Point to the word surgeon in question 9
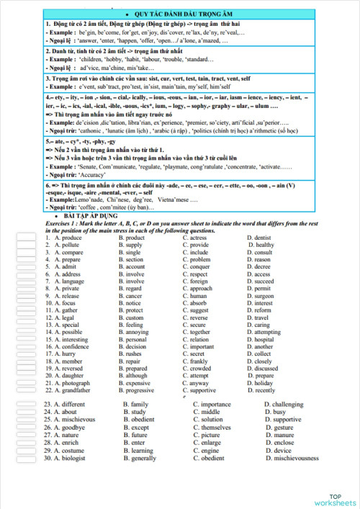(x=264, y=296)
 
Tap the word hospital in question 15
(x=265, y=340)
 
